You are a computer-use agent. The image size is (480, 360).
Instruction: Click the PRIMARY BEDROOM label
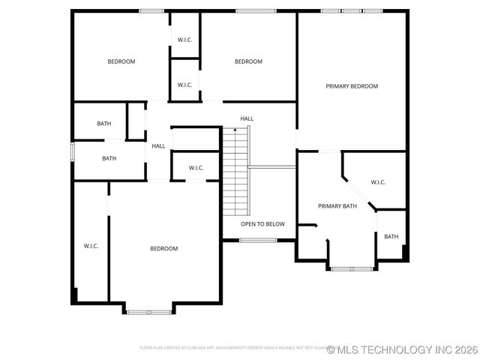(352, 86)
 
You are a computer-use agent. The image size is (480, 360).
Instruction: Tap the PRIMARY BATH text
(337, 206)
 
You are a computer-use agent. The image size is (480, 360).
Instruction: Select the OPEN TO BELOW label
(262, 223)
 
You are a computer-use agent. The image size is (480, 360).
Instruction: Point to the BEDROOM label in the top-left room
(121, 61)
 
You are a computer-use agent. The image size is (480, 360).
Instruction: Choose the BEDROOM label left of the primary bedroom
(248, 61)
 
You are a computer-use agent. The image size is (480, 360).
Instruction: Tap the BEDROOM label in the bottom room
(163, 248)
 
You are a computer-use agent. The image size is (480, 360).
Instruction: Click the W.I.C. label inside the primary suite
(378, 182)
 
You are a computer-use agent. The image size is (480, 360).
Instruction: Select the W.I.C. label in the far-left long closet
(91, 245)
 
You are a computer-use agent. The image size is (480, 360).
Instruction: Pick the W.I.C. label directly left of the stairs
(196, 167)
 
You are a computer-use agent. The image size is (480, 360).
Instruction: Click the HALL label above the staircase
(247, 118)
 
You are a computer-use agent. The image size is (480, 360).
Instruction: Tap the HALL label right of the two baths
(158, 146)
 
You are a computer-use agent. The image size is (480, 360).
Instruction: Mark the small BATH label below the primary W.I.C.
(391, 237)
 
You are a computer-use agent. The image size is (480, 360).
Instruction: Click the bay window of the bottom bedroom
(148, 311)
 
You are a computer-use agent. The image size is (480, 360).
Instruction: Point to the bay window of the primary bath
(351, 268)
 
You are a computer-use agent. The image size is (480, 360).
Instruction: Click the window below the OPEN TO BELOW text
(257, 240)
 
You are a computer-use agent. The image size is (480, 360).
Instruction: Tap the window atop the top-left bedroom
(152, 10)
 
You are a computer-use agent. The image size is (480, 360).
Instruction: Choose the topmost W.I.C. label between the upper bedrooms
(185, 40)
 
